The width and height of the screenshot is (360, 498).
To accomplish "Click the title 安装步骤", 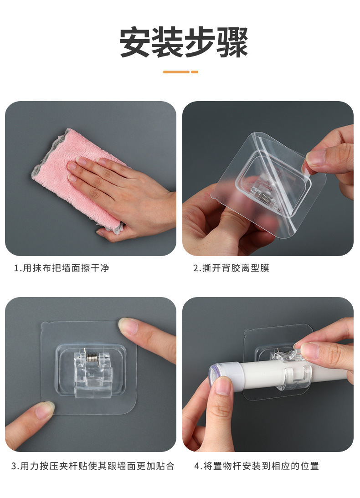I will click(x=184, y=42).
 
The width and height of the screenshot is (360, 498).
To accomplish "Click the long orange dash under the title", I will click(x=176, y=72).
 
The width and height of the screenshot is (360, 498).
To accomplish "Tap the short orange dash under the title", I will click(x=195, y=72).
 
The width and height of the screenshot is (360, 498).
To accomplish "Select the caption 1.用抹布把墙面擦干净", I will click(x=62, y=268).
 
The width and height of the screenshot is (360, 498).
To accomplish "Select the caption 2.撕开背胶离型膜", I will click(x=231, y=268).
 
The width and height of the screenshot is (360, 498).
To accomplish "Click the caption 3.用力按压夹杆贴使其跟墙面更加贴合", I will click(x=93, y=466).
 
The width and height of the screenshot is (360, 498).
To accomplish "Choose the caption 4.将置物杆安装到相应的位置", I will click(x=256, y=466).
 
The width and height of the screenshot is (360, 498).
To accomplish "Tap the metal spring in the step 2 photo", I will click(x=263, y=198).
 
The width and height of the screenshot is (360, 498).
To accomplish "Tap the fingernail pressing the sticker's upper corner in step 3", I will click(x=126, y=325).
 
